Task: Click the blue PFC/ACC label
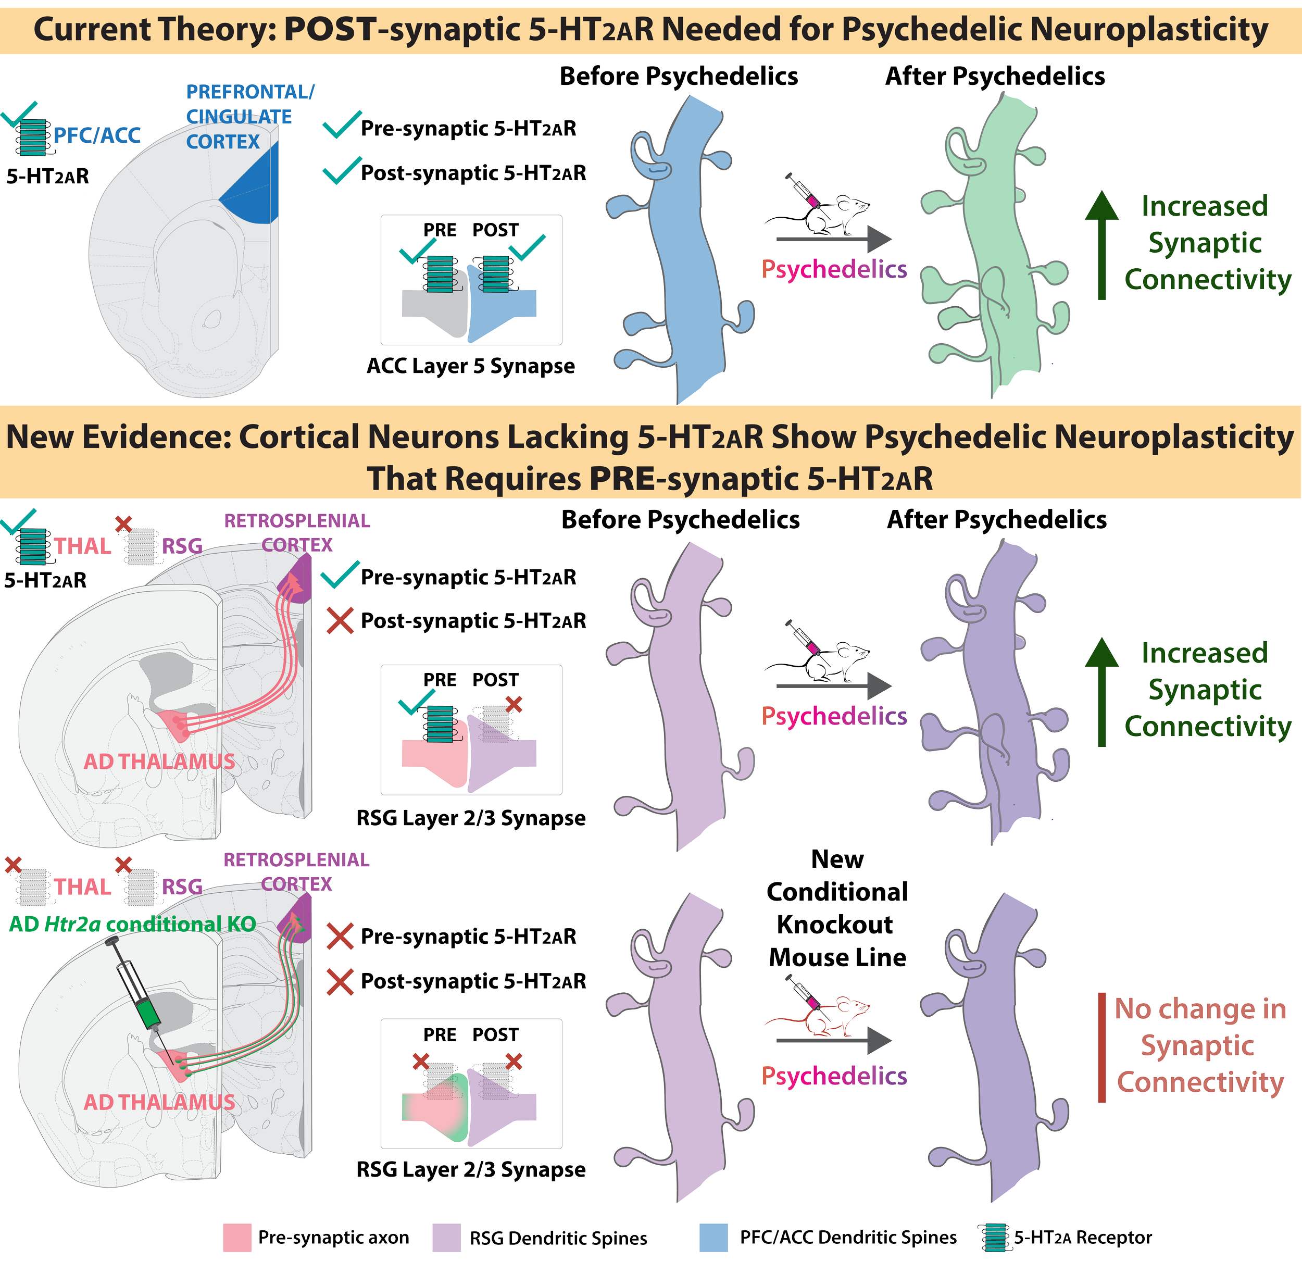pos(97,136)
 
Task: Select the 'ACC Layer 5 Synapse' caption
pos(470,366)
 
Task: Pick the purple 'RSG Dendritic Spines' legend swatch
pos(446,1238)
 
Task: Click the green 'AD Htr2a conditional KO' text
pos(132,924)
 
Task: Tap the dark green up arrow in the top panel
pos(1101,244)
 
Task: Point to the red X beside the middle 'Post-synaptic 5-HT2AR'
pos(340,621)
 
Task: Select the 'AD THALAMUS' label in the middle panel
pos(159,761)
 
